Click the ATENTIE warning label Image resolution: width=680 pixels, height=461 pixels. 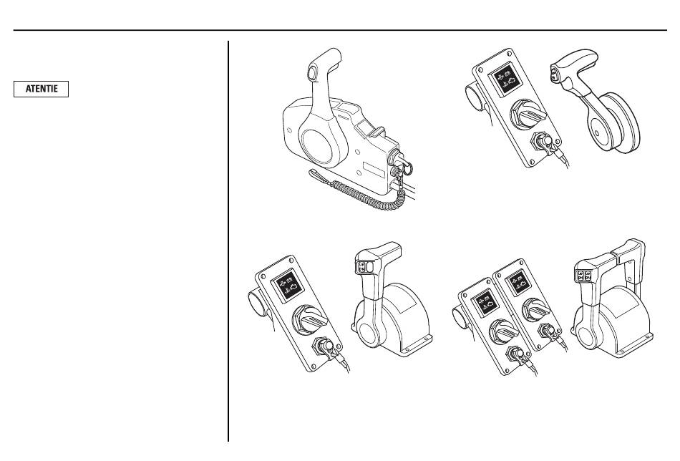pyautogui.click(x=42, y=89)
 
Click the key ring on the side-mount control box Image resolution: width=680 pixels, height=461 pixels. pyautogui.click(x=408, y=167)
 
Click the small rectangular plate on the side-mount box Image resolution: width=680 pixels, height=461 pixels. pyautogui.click(x=374, y=169)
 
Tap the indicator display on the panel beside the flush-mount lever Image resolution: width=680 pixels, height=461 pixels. pyautogui.click(x=505, y=79)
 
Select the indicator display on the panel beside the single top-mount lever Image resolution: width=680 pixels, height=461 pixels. pyautogui.click(x=288, y=284)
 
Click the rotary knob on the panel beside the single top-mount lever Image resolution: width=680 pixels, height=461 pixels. pyautogui.click(x=310, y=321)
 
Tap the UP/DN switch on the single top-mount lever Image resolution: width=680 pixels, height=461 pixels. pyautogui.click(x=361, y=267)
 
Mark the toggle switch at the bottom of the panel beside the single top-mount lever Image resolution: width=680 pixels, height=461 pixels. pyautogui.click(x=326, y=347)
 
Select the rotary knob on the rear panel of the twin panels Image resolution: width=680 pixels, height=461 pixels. pyautogui.click(x=536, y=310)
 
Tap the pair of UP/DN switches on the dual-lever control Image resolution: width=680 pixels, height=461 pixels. pyautogui.click(x=583, y=276)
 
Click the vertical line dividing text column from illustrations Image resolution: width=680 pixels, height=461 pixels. pyautogui.click(x=228, y=241)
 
